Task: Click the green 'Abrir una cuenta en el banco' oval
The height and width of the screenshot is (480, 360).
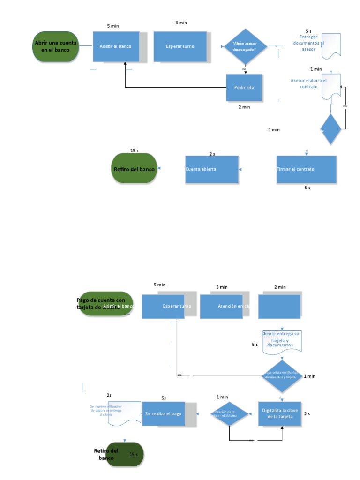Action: [55, 46]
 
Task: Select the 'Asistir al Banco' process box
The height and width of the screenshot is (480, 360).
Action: [116, 46]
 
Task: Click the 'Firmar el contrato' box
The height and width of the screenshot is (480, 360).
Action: [307, 169]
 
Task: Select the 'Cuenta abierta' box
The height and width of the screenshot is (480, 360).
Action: [212, 169]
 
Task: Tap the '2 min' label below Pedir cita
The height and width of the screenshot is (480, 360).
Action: [244, 107]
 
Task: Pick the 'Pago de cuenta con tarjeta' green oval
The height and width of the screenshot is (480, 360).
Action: [106, 304]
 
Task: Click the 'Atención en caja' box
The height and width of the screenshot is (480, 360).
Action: [221, 307]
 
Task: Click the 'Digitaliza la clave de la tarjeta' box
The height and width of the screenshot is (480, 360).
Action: [279, 413]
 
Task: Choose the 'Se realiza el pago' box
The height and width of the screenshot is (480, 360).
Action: [164, 414]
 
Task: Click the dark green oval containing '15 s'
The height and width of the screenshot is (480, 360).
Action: [125, 454]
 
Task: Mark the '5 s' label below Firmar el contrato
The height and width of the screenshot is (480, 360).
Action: [307, 187]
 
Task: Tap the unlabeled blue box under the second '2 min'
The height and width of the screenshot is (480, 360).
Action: [279, 307]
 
